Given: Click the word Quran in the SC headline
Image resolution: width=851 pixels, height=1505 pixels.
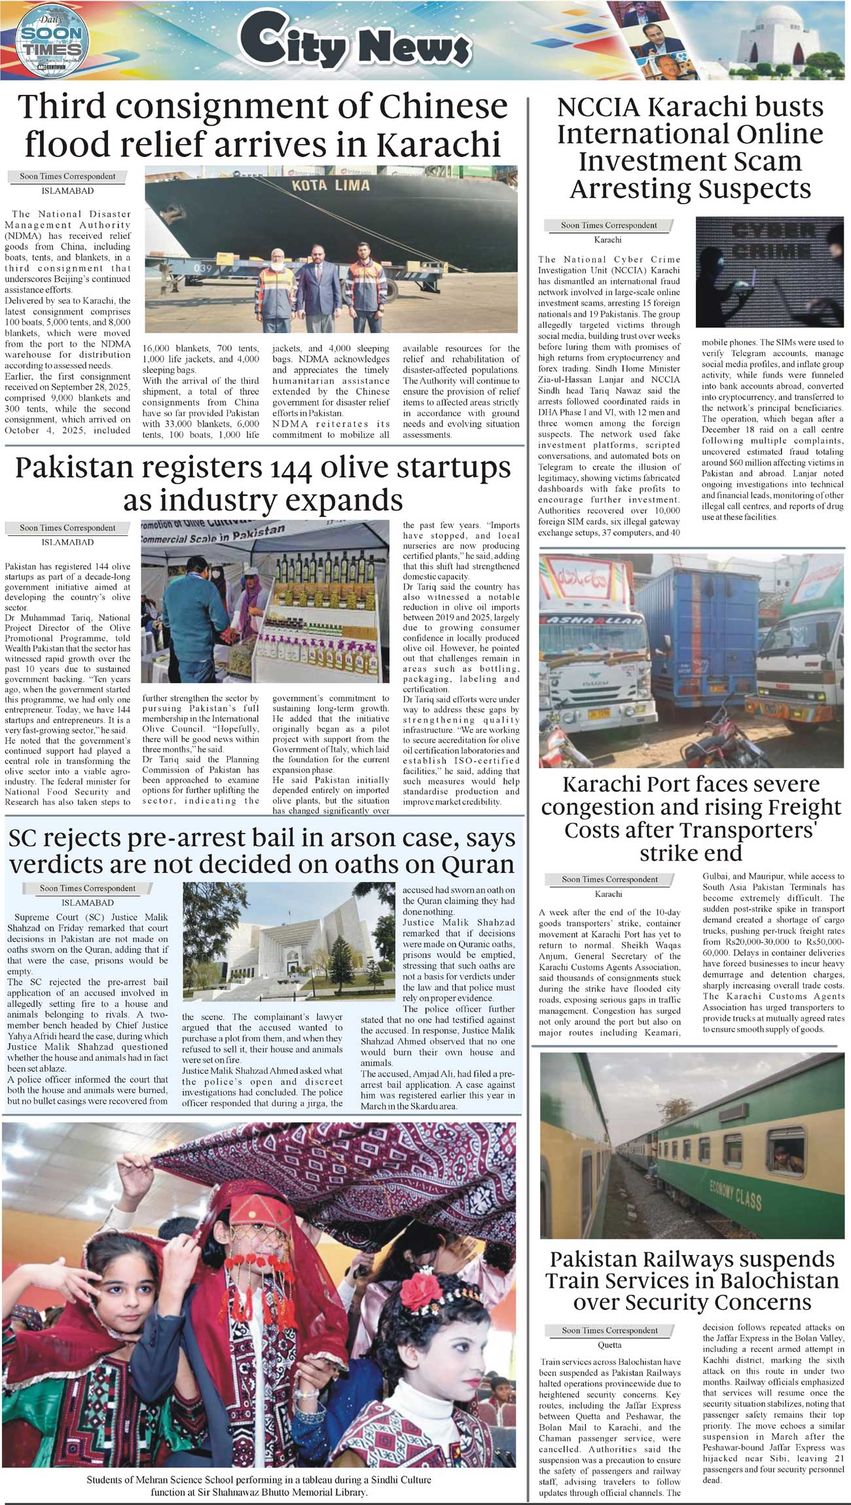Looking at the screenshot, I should point(479,864).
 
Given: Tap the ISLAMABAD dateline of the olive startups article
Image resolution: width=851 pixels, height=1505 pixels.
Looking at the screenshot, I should point(67,542).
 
